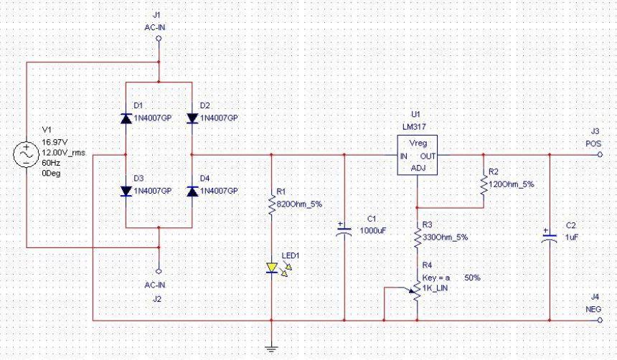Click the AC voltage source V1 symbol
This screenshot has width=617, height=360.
tap(26, 154)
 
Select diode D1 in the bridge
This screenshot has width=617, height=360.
tap(126, 118)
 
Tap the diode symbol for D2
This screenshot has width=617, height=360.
tap(192, 118)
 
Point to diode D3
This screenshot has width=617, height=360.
tap(126, 191)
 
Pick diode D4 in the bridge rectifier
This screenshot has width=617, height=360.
tap(192, 191)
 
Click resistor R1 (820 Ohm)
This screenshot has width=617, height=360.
tap(272, 204)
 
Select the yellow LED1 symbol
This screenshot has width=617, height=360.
tap(272, 269)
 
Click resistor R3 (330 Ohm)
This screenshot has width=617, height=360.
tap(418, 237)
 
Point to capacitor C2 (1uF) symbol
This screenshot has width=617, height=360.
tap(549, 237)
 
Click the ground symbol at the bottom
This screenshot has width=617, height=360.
tap(272, 349)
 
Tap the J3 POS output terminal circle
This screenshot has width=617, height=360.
tap(600, 154)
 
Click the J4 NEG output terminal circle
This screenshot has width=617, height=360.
tap(600, 319)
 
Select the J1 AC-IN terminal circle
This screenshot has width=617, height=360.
tap(159, 41)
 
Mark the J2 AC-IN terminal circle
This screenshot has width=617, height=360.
tap(159, 271)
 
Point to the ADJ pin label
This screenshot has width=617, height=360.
tap(418, 168)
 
